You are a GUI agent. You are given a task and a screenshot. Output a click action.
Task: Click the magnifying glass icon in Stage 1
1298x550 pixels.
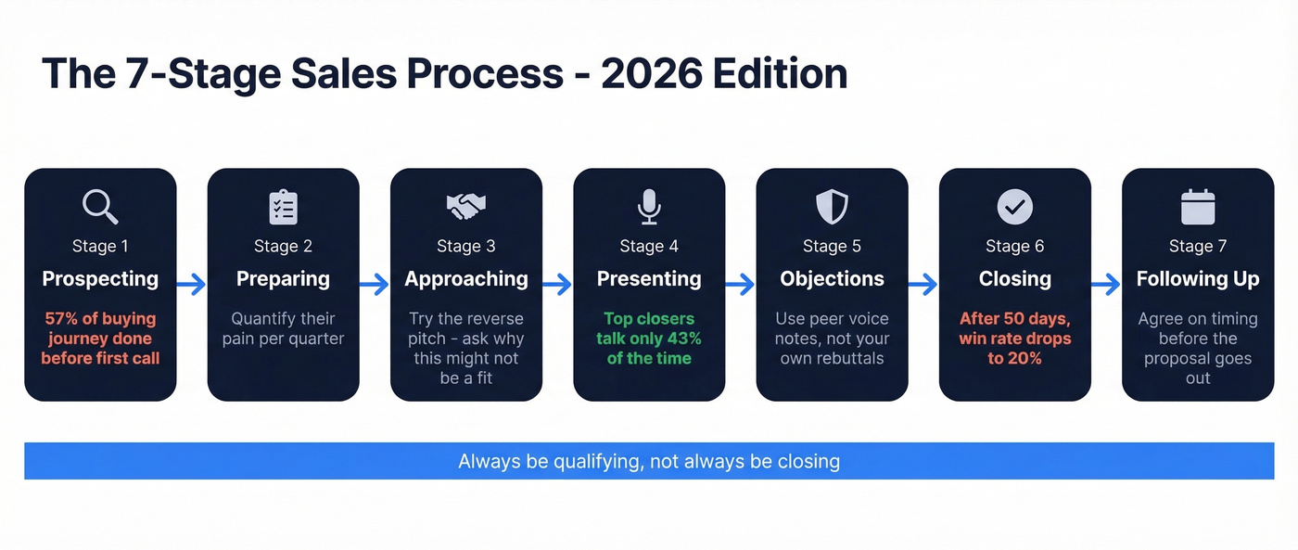[100, 207]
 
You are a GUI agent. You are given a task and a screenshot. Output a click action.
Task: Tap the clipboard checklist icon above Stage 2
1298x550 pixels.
[283, 207]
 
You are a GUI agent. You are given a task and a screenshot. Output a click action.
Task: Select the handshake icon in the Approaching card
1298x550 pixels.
[466, 206]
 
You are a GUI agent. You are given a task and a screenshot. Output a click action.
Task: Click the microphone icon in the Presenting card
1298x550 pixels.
[649, 207]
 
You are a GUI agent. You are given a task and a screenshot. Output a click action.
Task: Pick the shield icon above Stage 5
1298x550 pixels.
[832, 207]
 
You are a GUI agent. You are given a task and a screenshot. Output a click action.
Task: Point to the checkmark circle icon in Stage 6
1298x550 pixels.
[1014, 207]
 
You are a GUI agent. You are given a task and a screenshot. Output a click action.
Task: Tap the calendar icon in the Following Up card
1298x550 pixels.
[1198, 207]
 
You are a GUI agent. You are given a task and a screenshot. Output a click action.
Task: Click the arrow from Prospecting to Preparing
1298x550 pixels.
[191, 285]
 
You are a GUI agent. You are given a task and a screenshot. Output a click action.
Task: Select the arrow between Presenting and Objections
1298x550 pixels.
[740, 285]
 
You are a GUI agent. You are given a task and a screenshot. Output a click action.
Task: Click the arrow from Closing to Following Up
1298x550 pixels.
[1106, 285]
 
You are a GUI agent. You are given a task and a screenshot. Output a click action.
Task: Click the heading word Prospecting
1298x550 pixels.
[100, 279]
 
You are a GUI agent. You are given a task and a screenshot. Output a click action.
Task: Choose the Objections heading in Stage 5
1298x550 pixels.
[832, 279]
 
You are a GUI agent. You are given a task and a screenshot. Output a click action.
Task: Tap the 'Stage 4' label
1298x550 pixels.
[649, 246]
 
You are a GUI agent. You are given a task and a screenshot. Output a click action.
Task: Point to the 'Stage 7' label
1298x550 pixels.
[1198, 246]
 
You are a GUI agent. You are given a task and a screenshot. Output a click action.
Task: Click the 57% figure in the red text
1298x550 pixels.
[61, 319]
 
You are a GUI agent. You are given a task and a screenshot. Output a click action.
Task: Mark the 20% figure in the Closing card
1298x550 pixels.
[1024, 358]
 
